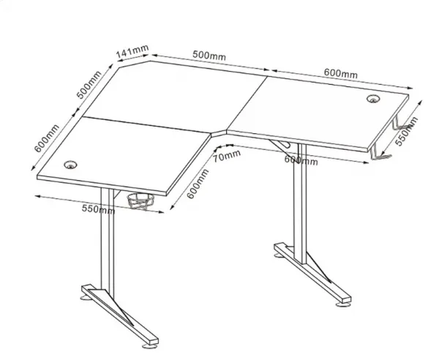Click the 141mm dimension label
[x=132, y=52]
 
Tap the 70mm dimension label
[x=227, y=156]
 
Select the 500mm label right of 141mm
[x=209, y=55]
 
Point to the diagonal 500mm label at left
[x=89, y=85]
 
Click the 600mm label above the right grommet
[x=341, y=73]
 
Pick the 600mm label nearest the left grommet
[x=47, y=138]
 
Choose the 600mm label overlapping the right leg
[x=301, y=160]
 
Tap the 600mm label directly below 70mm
[x=198, y=184]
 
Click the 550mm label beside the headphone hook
[x=406, y=131]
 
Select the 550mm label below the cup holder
[x=98, y=209]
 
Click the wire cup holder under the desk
[x=140, y=201]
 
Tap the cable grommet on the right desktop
[x=373, y=99]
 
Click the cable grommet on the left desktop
[x=70, y=165]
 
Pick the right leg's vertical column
[x=300, y=203]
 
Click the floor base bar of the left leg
[x=120, y=315]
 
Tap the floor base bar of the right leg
[x=312, y=274]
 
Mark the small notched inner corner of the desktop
[x=219, y=133]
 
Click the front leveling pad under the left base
[x=149, y=347]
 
